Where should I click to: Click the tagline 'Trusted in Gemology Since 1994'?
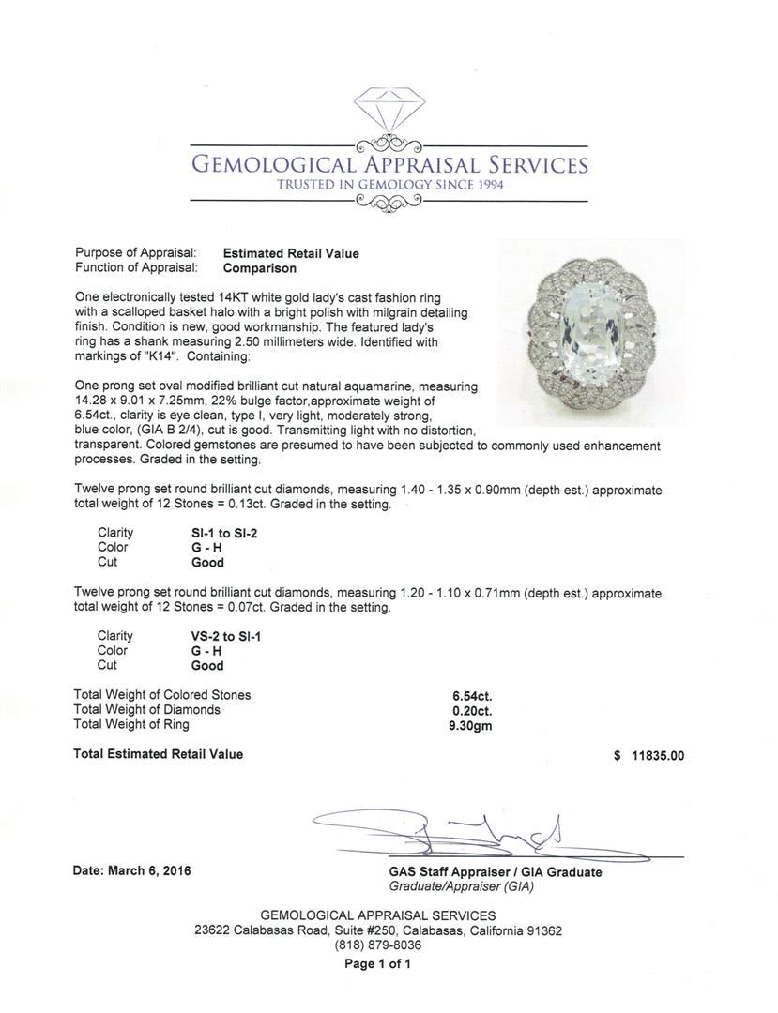point(389,186)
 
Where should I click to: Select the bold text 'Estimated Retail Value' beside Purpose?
point(291,253)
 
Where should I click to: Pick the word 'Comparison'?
point(259,268)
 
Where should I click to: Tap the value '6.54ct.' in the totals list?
point(472,696)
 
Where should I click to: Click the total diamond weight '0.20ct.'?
point(472,710)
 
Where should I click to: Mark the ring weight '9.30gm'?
point(472,725)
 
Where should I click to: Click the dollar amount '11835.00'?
point(657,755)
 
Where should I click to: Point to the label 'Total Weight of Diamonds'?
point(147,710)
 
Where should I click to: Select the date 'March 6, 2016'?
point(150,871)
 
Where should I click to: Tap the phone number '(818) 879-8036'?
point(378,945)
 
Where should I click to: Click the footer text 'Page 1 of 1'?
point(378,963)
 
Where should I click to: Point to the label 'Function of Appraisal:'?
point(135,268)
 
